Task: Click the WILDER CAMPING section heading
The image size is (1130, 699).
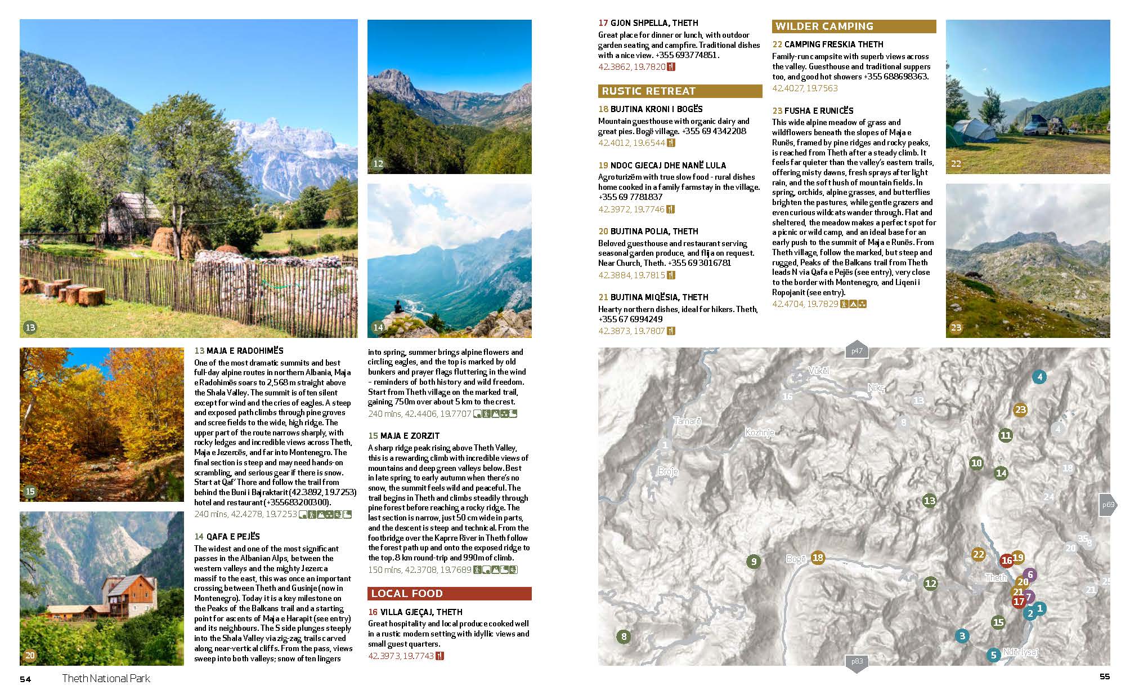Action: click(824, 26)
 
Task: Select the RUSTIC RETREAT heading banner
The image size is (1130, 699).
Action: click(648, 91)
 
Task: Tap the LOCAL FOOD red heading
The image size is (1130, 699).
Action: click(406, 594)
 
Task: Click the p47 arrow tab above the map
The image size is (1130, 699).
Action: click(857, 350)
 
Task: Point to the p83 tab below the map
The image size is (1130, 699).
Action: click(857, 662)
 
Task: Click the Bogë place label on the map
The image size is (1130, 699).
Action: click(796, 559)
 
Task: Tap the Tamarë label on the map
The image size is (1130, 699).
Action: click(687, 421)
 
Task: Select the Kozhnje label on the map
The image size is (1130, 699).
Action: click(759, 433)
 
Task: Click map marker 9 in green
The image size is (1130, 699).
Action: click(753, 561)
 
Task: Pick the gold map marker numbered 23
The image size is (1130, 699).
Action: click(1020, 410)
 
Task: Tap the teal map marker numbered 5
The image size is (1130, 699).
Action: click(993, 655)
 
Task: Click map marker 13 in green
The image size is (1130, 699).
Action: click(929, 500)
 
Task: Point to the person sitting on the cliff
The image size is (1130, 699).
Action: click(398, 307)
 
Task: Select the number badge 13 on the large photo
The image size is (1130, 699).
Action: click(30, 327)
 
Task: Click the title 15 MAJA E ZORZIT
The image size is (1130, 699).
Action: click(403, 436)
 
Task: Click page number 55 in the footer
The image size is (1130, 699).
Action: click(1105, 676)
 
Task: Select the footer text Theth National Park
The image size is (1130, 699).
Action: click(106, 679)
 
